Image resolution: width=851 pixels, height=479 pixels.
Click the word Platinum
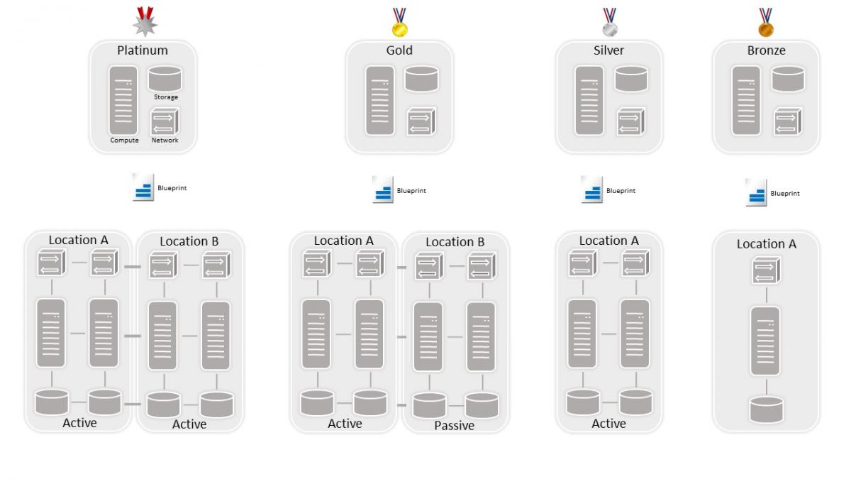tap(143, 50)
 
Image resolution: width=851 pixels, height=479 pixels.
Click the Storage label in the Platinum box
tap(166, 97)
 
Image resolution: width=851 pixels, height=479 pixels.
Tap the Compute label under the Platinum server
tap(124, 141)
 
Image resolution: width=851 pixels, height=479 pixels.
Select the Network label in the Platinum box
tap(165, 141)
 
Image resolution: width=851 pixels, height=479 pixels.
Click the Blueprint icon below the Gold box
tap(383, 190)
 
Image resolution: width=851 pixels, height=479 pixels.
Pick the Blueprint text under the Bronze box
tap(785, 193)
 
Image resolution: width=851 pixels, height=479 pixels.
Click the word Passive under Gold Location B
tap(454, 426)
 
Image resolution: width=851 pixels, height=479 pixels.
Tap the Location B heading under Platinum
tap(189, 241)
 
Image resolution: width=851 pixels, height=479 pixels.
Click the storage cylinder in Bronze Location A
tap(766, 410)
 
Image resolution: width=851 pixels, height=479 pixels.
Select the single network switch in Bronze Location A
tap(766, 271)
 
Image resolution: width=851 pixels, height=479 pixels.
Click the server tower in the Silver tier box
tap(589, 100)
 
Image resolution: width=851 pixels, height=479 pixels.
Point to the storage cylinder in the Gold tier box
tap(421, 79)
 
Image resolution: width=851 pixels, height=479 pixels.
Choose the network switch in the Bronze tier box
tap(787, 121)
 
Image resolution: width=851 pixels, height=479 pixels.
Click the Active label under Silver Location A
tap(608, 424)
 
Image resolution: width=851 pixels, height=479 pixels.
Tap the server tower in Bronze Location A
tap(765, 341)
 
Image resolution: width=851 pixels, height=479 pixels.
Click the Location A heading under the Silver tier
tap(608, 241)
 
